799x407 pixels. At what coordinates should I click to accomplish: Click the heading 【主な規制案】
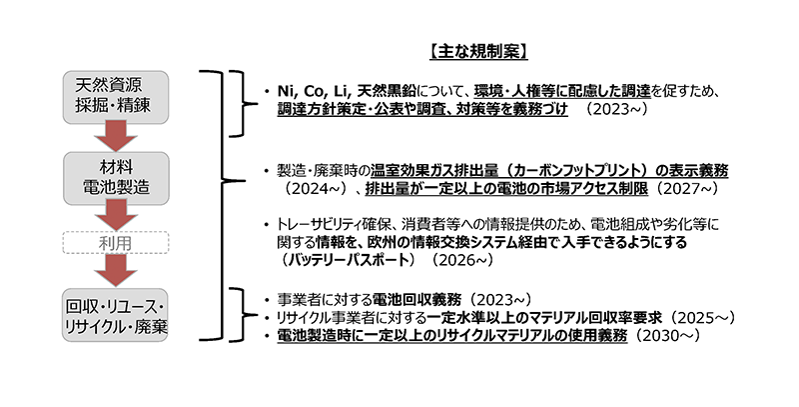[478, 52]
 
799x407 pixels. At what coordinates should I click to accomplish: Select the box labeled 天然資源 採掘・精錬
[116, 97]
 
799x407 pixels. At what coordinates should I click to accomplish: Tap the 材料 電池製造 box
[116, 178]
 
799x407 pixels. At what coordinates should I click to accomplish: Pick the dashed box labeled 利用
[116, 243]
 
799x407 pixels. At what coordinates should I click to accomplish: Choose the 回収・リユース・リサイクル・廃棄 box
[115, 315]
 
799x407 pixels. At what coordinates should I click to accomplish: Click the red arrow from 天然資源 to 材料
[116, 137]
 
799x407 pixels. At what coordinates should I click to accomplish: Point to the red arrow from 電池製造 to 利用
[116, 215]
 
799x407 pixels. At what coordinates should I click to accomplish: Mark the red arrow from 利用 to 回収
[116, 271]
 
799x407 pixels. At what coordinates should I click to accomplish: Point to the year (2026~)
[461, 260]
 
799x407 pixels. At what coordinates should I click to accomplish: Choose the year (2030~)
[665, 336]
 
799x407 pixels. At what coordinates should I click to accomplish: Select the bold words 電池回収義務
[416, 299]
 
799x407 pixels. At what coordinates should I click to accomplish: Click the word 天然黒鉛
[388, 91]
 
